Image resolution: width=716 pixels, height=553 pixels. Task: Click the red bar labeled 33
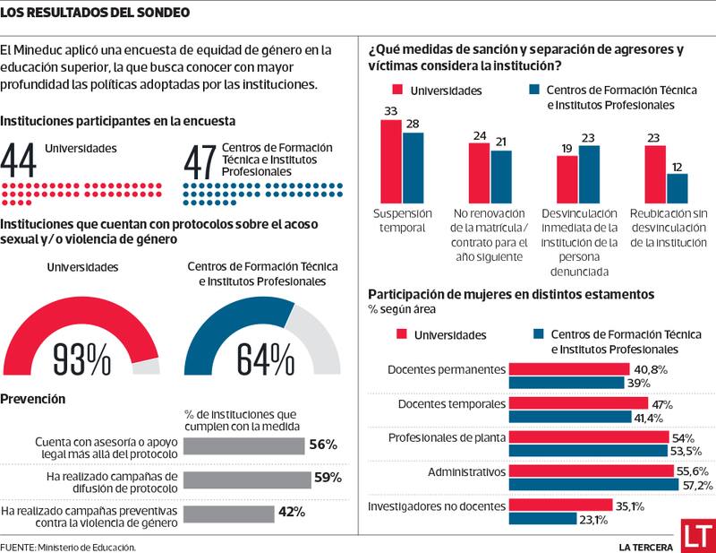point(391,161)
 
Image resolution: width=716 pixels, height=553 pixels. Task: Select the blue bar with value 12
point(678,188)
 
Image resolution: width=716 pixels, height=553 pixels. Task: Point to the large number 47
point(200,161)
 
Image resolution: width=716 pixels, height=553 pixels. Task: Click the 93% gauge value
point(82,359)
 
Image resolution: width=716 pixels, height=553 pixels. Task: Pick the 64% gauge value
point(265,359)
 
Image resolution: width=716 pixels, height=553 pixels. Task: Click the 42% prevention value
point(292,513)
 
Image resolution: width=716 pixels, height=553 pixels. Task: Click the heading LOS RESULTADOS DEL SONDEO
point(95,13)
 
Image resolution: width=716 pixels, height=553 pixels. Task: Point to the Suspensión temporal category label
point(402,220)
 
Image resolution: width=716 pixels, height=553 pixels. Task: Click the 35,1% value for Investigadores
point(632,505)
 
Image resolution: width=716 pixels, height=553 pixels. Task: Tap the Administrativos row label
point(466,471)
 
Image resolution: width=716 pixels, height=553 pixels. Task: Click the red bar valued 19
point(567,179)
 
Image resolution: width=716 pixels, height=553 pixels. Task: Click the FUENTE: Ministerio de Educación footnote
point(68,546)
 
